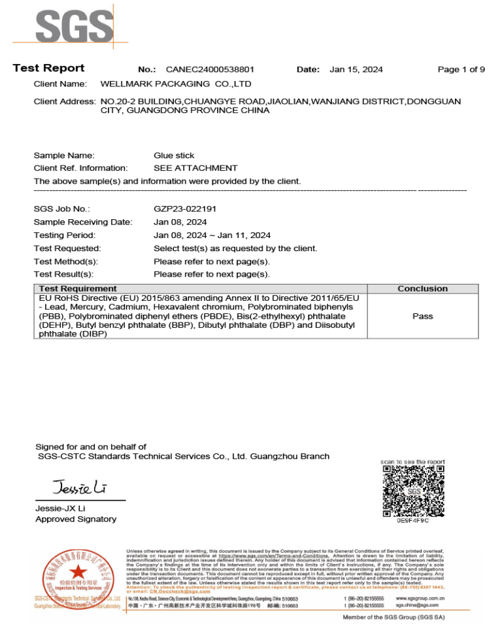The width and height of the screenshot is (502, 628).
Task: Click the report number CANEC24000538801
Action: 210,69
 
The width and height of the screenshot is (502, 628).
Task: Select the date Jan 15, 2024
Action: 356,69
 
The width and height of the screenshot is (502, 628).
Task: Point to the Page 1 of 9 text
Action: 461,69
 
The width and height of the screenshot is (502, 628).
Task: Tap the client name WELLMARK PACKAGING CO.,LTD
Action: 176,84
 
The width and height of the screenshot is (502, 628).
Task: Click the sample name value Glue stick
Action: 173,156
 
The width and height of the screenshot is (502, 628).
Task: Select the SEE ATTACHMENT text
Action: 195,168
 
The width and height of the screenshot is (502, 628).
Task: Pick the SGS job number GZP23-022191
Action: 185,209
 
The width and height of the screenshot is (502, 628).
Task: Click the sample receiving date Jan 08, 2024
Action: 180,222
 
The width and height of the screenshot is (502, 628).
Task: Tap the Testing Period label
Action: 65,235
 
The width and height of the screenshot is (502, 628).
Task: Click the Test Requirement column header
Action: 78,288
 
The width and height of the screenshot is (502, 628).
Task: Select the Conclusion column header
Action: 422,288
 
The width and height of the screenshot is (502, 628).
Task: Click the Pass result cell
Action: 422,316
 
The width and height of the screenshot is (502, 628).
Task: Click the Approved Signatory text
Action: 76,519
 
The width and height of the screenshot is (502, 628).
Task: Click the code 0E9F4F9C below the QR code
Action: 413,521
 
